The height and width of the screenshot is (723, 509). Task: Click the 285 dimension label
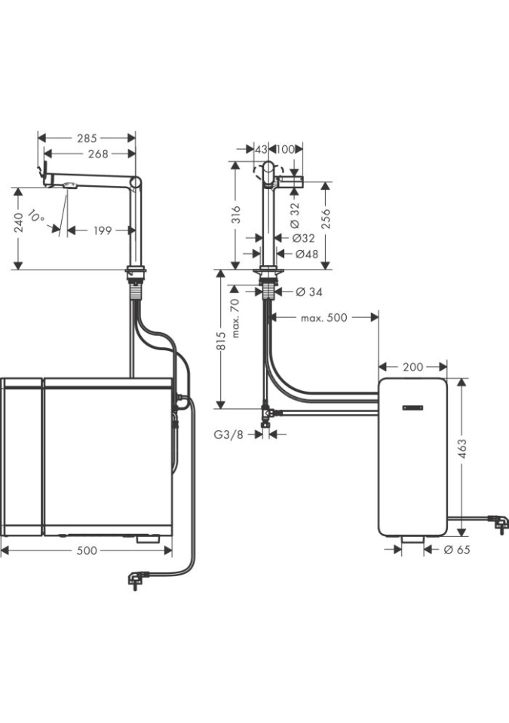click(x=87, y=138)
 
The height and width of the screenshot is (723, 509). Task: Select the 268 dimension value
click(x=98, y=154)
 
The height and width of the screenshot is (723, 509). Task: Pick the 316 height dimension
click(x=236, y=215)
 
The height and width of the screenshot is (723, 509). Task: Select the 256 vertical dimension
click(x=326, y=218)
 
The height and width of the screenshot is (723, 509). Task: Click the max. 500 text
click(x=323, y=318)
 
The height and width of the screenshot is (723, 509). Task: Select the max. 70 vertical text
click(x=235, y=317)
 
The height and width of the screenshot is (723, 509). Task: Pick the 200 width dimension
click(x=412, y=367)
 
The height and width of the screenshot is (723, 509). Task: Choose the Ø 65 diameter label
click(x=456, y=550)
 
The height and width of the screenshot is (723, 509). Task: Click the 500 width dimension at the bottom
click(x=87, y=551)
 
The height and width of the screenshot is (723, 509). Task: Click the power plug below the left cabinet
click(x=135, y=579)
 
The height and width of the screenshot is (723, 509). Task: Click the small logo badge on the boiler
click(x=413, y=408)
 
